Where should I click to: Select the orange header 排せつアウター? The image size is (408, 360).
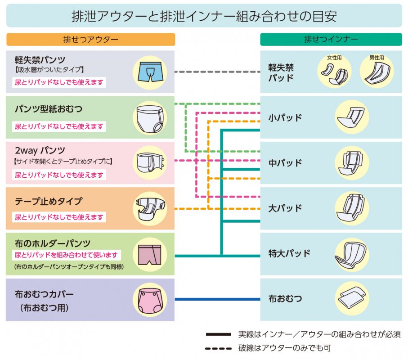[x=90, y=40]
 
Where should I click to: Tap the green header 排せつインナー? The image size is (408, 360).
[x=331, y=40]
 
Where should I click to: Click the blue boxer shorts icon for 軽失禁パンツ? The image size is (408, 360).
[x=150, y=72]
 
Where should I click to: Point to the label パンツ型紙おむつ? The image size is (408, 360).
[x=48, y=109]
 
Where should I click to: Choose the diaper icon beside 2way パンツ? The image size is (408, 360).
[x=150, y=162]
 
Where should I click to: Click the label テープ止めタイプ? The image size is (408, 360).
[x=48, y=201]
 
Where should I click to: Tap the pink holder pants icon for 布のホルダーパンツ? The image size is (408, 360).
[x=150, y=255]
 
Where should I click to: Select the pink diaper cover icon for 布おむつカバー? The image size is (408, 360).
[x=150, y=299]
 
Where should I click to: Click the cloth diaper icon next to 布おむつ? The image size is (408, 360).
[x=352, y=298]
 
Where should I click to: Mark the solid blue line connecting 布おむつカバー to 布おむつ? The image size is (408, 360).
[x=217, y=299]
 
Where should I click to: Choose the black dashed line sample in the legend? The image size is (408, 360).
[x=219, y=348]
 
